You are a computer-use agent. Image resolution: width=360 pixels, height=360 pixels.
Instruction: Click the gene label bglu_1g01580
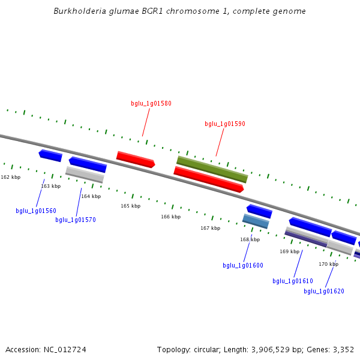pyautogui.click(x=151, y=103)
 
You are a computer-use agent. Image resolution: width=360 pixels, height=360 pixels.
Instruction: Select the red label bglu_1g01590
pyautogui.click(x=225, y=124)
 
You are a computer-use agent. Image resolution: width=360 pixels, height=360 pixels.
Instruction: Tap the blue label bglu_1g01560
pyautogui.click(x=36, y=211)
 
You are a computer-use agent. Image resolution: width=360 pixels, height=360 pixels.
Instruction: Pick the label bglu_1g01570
pyautogui.click(x=76, y=220)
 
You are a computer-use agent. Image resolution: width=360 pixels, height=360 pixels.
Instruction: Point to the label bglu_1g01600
pyautogui.click(x=243, y=265)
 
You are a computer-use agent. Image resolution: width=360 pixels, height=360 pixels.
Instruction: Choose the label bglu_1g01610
pyautogui.click(x=293, y=281)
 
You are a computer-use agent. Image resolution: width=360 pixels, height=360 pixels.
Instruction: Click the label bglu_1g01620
pyautogui.click(x=324, y=291)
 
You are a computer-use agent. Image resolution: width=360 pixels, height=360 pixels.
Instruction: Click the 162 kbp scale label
pyautogui.click(x=10, y=177)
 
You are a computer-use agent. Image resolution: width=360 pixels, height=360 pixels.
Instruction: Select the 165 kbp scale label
pyautogui.click(x=130, y=206)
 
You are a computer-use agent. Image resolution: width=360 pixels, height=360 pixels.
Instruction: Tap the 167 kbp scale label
pyautogui.click(x=210, y=228)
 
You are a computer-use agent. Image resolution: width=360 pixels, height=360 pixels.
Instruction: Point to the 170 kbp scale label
pyautogui.click(x=328, y=264)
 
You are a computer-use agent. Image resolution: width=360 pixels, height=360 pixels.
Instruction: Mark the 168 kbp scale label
pyautogui.click(x=250, y=239)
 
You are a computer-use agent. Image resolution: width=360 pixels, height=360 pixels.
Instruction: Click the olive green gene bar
pyautogui.click(x=212, y=169)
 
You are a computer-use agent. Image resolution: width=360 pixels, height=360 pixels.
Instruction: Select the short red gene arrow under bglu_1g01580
pyautogui.click(x=136, y=159)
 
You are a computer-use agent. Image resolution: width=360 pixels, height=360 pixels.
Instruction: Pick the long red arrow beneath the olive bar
pyautogui.click(x=208, y=179)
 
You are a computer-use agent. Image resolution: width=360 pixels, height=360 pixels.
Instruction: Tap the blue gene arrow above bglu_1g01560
pyautogui.click(x=50, y=155)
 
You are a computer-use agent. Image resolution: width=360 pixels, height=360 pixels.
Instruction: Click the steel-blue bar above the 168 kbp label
pyautogui.click(x=256, y=221)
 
